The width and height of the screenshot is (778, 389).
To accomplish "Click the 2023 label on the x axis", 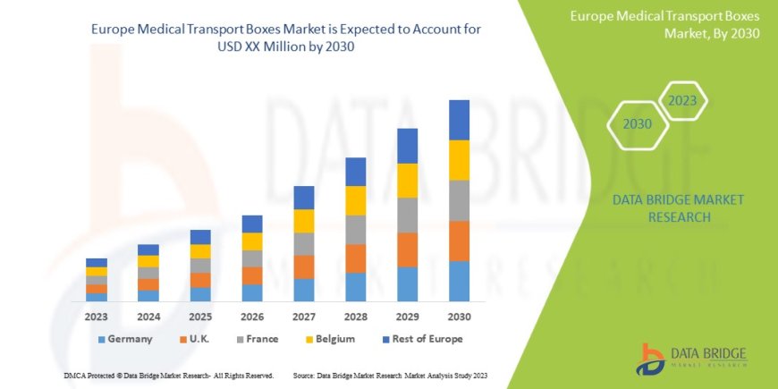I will pos(96,317).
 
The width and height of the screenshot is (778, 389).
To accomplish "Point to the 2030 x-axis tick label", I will pos(459,317).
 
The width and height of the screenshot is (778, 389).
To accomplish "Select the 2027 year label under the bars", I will pos(303,317).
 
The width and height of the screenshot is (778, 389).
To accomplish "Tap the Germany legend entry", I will pos(124,339).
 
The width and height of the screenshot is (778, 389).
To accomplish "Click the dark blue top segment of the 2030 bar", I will pos(459,120).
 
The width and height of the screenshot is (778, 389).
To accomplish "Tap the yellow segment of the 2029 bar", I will pos(407,181).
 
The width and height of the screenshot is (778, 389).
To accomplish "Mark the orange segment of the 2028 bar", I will pos(355,258).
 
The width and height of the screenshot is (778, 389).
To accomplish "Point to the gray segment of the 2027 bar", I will pos(303,244).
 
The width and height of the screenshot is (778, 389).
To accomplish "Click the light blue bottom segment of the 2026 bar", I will pos(251,292).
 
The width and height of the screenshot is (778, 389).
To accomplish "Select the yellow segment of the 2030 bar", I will pos(459,160).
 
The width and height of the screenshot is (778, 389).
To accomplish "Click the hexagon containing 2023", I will pos(682,101).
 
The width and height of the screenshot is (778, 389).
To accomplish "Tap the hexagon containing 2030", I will pos(637,124).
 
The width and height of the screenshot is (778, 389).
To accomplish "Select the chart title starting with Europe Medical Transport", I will pos(286,38).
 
